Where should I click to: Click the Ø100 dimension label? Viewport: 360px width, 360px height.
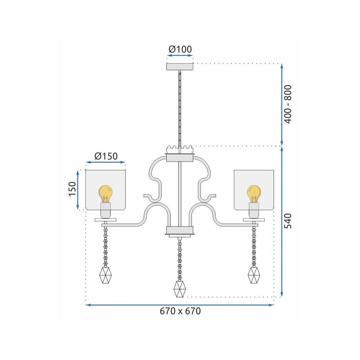(x=180, y=49)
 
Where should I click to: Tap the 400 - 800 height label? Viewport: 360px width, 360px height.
(x=288, y=104)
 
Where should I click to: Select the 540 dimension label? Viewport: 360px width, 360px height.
(x=288, y=221)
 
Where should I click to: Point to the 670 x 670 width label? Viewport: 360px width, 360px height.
(x=180, y=311)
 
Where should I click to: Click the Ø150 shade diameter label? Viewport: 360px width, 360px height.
(x=106, y=156)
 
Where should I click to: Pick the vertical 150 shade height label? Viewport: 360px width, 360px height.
(x=72, y=189)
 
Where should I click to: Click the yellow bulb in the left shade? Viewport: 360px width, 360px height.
(x=105, y=194)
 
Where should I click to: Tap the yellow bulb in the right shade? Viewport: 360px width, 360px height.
(x=254, y=194)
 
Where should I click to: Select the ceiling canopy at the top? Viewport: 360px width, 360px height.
(x=180, y=67)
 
